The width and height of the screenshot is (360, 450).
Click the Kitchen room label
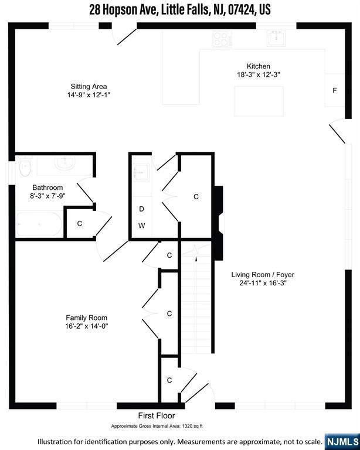click(x=259, y=66)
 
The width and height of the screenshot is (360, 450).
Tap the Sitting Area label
click(x=89, y=86)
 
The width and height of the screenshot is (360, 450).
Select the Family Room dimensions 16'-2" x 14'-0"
click(x=86, y=326)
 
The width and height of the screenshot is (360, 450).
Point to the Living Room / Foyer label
click(x=263, y=275)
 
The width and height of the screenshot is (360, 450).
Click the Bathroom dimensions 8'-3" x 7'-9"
click(x=47, y=196)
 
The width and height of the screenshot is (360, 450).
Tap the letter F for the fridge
click(x=334, y=91)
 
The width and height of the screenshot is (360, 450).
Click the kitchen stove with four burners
click(x=222, y=39)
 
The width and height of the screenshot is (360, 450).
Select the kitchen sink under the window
click(x=276, y=38)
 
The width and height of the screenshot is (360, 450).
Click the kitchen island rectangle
click(x=259, y=101)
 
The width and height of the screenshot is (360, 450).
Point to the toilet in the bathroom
click(x=25, y=167)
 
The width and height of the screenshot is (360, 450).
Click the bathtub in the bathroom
click(x=39, y=224)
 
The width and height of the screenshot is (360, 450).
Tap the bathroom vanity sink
click(x=65, y=163)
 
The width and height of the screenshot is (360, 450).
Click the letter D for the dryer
click(x=141, y=209)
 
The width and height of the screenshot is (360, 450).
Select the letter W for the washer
click(x=141, y=226)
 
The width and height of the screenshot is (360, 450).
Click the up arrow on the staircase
click(x=196, y=258)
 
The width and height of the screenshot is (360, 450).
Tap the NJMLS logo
click(x=342, y=442)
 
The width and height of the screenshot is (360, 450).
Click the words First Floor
click(x=157, y=415)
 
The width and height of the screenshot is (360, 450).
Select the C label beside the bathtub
click(x=80, y=224)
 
